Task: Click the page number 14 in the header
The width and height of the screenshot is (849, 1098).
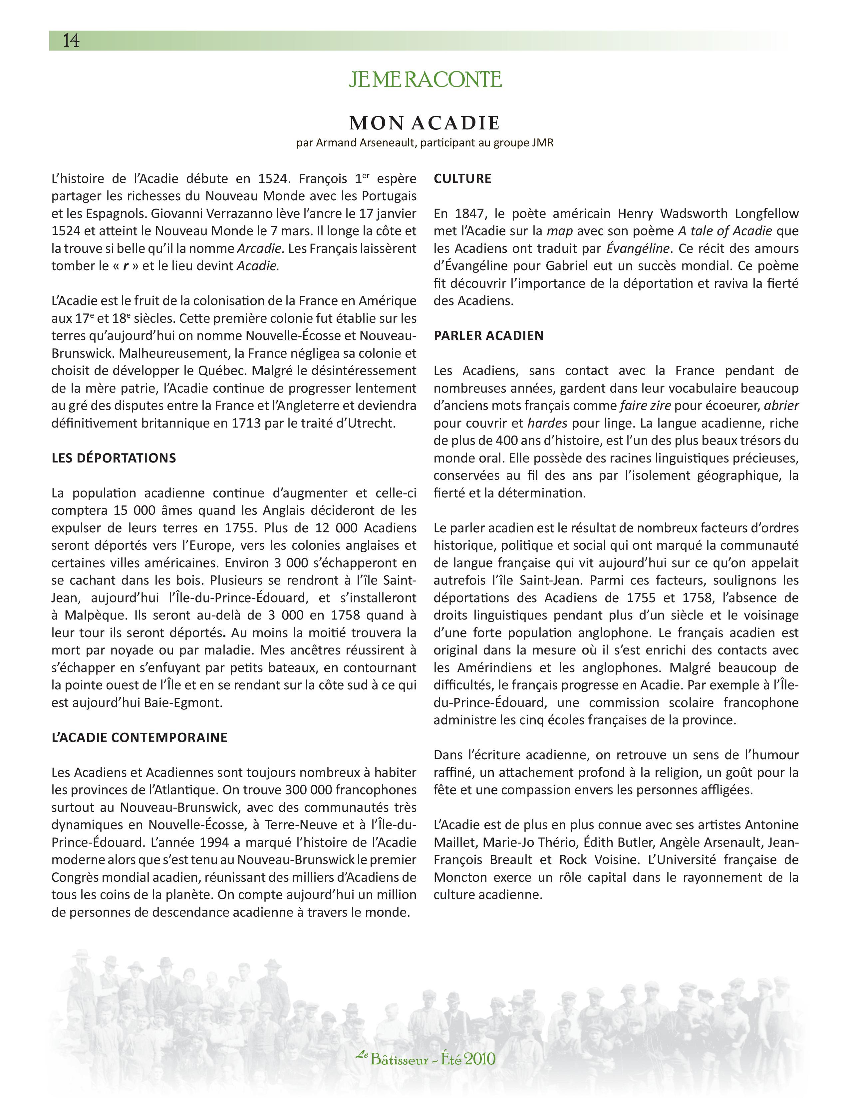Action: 71,41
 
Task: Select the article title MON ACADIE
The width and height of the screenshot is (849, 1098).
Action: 424,123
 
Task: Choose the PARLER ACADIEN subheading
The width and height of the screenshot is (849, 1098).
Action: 488,336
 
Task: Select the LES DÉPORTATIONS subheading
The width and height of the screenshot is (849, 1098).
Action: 114,458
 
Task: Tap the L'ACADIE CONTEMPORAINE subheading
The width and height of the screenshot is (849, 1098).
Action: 139,738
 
